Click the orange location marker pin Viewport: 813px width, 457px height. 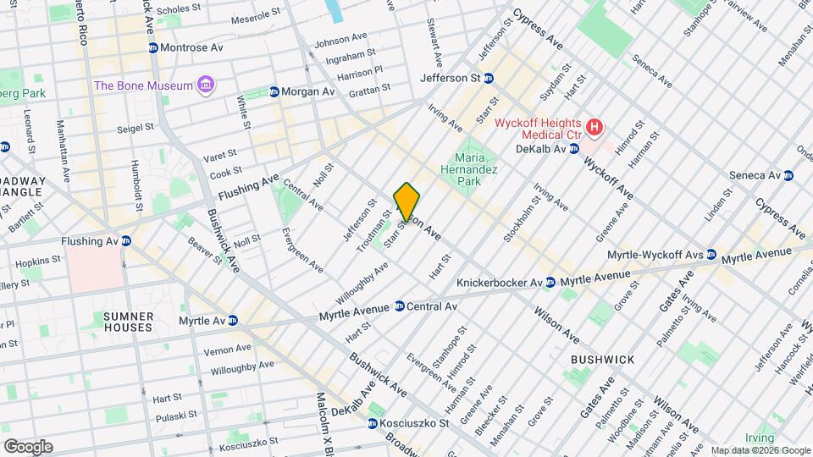[x=407, y=201]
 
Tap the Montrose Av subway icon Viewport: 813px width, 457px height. [x=153, y=48]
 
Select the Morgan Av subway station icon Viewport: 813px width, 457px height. [x=274, y=91]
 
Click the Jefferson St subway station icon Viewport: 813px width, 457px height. [x=489, y=78]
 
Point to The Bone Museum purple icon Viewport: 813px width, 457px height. [x=205, y=85]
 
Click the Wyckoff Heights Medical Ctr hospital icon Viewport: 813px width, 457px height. [x=595, y=127]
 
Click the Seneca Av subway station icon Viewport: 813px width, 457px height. [x=788, y=176]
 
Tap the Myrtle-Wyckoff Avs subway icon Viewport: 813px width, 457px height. [x=711, y=255]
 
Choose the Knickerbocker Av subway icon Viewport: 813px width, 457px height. [x=550, y=282]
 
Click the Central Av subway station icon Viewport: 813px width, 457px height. [x=399, y=306]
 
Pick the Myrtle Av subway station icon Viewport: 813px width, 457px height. [x=232, y=321]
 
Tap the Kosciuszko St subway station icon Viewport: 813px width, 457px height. [x=373, y=423]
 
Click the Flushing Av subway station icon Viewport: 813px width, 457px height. [x=126, y=241]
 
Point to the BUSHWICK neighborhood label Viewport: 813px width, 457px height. [x=602, y=360]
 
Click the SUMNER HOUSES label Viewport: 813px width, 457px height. [x=129, y=321]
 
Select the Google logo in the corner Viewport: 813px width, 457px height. [x=28, y=447]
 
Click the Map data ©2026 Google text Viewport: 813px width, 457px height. [x=760, y=450]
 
